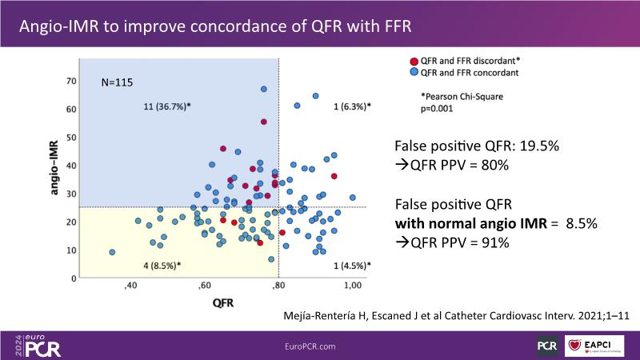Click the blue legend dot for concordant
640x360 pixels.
point(413,73)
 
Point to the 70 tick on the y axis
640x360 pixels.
point(71,81)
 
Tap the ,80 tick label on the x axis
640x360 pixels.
point(278,286)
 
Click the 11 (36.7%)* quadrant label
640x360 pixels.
point(166,106)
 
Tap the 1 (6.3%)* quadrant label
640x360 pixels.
point(352,106)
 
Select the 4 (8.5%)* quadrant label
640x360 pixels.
point(162,265)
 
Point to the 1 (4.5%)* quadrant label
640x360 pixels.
point(352,265)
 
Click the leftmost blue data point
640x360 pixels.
point(112,252)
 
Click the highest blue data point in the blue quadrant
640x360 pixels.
point(263,89)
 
